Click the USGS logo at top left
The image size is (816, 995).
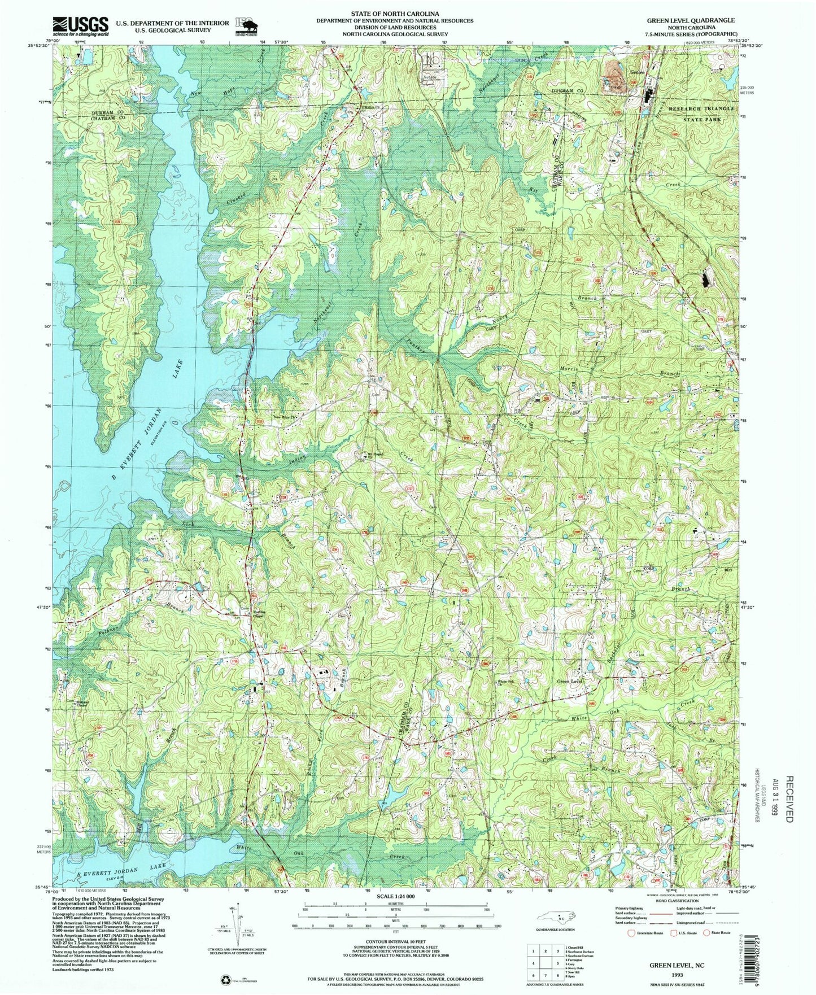pyautogui.click(x=80, y=26)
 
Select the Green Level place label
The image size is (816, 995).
pyautogui.click(x=569, y=682)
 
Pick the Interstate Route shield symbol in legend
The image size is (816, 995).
pyautogui.click(x=631, y=933)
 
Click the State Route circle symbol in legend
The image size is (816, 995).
pyautogui.click(x=706, y=933)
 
